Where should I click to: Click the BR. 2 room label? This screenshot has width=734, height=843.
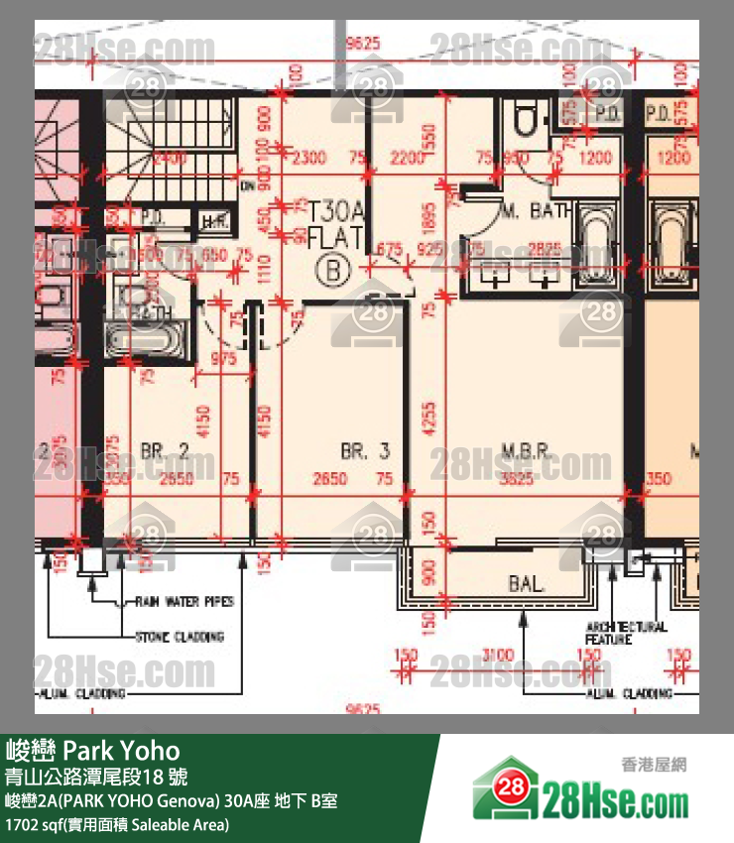point(165,451)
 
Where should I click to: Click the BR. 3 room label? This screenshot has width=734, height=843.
point(365,451)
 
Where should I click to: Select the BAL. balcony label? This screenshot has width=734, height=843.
point(527,584)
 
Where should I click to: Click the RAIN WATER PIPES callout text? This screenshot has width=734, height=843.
point(184,602)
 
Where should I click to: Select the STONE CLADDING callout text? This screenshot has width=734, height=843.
point(180,636)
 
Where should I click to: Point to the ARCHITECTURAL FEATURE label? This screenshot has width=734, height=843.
point(626,634)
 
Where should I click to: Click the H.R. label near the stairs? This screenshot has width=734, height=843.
point(211,221)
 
